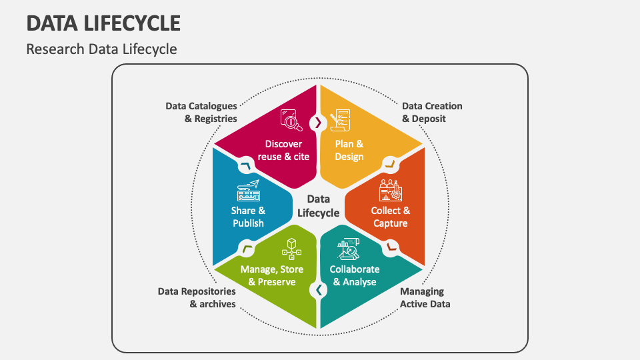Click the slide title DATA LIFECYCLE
coord(103,23)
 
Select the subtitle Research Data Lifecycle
coord(101,49)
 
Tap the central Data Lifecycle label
coord(319,206)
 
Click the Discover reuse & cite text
coord(283,150)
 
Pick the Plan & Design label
coord(349,150)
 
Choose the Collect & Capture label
coord(391,217)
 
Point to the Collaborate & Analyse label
coord(355,275)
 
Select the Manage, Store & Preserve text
coord(271,275)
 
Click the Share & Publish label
coord(248,217)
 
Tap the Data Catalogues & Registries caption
coord(201,112)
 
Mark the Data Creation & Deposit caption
coord(432,112)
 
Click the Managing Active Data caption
coord(425,297)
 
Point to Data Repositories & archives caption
coord(197,297)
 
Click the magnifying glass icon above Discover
coord(291,120)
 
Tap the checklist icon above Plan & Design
coord(341,121)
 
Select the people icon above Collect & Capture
coord(390,190)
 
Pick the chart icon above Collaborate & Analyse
coord(349,249)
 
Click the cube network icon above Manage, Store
coord(291,249)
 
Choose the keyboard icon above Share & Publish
coord(248,191)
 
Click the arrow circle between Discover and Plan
coord(318,122)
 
